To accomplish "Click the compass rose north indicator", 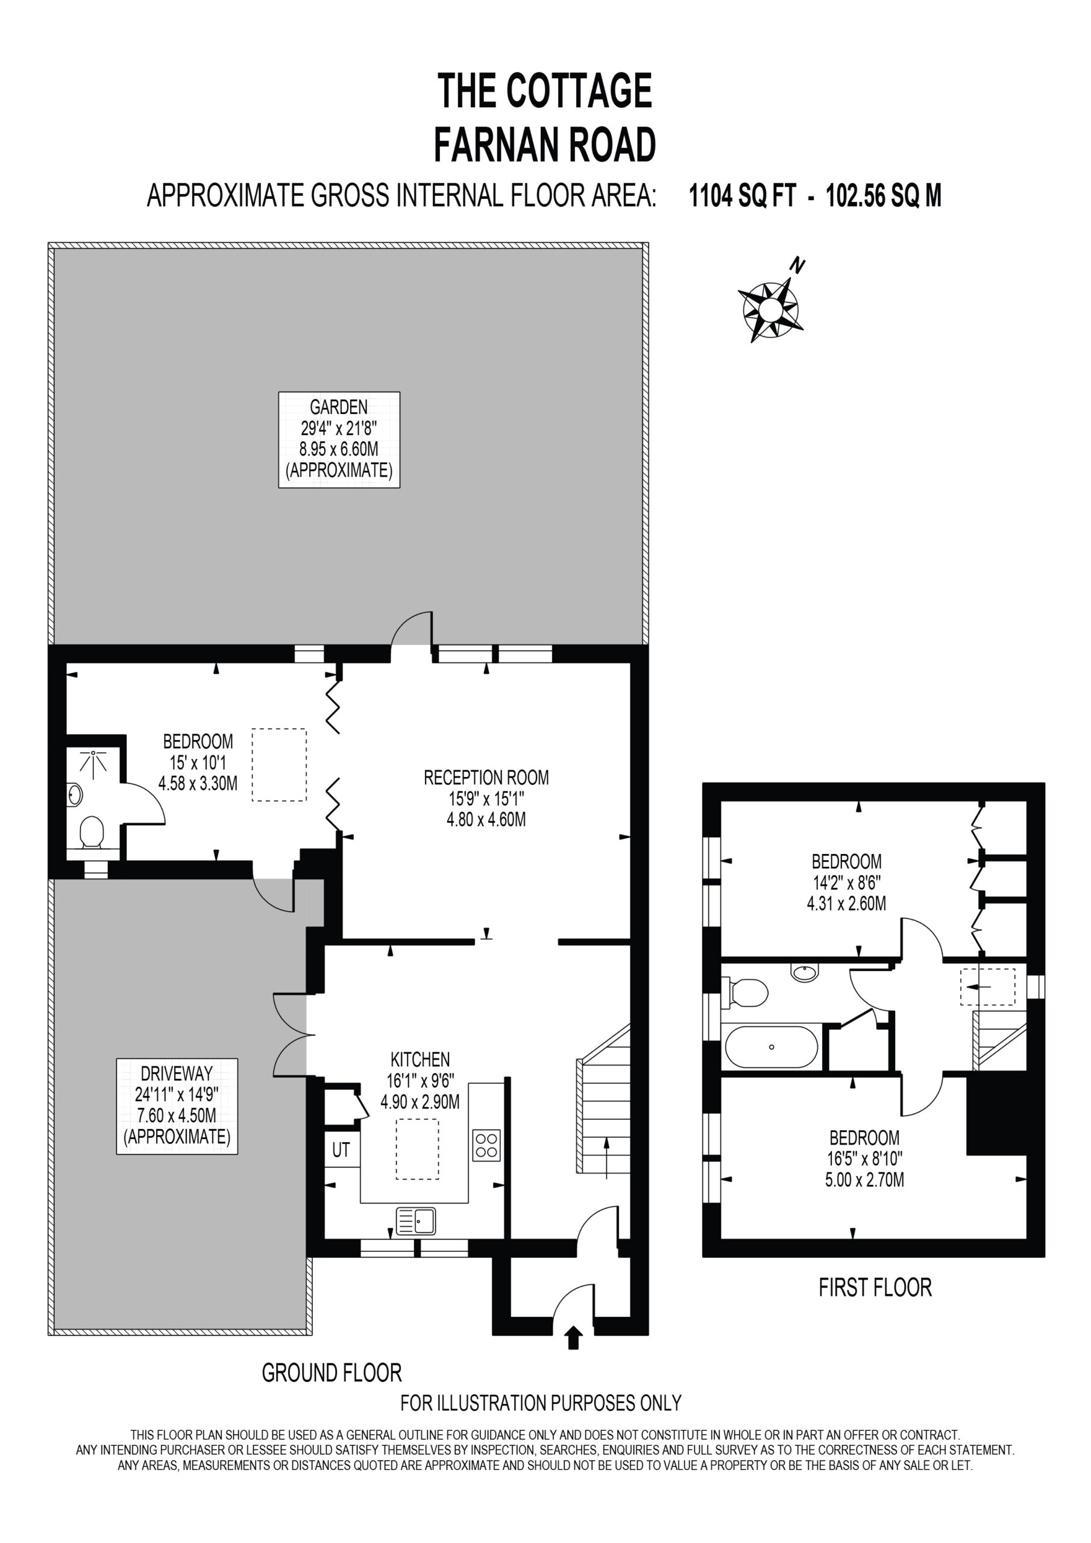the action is point(772,309).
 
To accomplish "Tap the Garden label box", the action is point(339,439).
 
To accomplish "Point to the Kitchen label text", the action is point(420,1060).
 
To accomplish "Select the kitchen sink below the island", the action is point(415,1221).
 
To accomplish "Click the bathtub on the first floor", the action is point(771,1046).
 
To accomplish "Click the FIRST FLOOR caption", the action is point(875,1287).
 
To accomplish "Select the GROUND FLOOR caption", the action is point(332,1372).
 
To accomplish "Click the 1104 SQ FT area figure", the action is point(743,196).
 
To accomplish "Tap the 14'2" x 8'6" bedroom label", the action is point(846,882).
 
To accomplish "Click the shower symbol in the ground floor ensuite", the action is point(93,761).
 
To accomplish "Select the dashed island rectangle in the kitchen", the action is point(418,1149).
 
